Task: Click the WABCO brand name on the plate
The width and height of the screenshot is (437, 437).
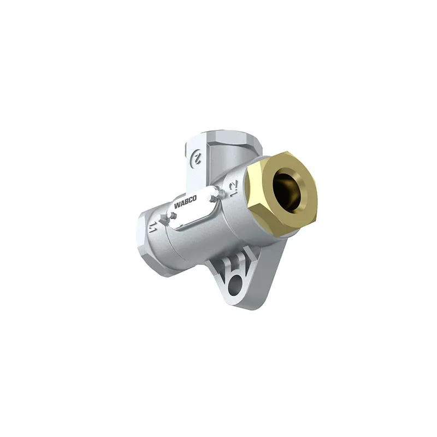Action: point(185,202)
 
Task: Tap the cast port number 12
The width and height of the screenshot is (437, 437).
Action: point(233,188)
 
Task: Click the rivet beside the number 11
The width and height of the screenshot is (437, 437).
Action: point(163,217)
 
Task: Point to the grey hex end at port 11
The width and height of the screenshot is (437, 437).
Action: point(145,237)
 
